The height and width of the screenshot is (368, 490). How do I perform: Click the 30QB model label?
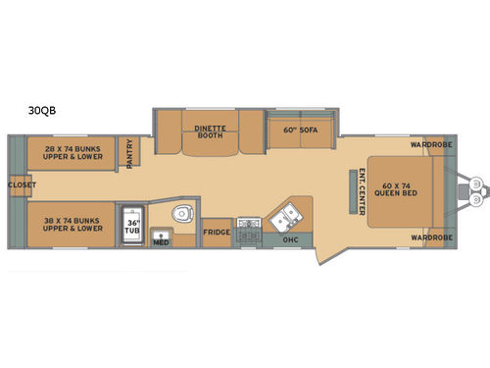pyautogui.click(x=42, y=111)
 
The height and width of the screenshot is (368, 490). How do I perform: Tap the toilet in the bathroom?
pyautogui.click(x=182, y=214)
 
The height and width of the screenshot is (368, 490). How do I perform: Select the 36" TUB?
pyautogui.click(x=132, y=226)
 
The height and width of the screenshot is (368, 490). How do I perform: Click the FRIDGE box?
pyautogui.click(x=217, y=233)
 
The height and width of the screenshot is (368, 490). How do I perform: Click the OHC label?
pyautogui.click(x=290, y=240)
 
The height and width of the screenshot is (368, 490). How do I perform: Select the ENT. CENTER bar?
pyautogui.click(x=353, y=191)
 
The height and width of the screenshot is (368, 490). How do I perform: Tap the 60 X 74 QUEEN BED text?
pyautogui.click(x=396, y=189)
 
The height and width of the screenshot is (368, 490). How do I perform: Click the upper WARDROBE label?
pyautogui.click(x=431, y=144)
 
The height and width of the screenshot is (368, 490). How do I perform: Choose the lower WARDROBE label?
pyautogui.click(x=432, y=237)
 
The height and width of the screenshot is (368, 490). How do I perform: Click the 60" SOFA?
pyautogui.click(x=302, y=130)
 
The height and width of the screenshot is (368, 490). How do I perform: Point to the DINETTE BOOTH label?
pyautogui.click(x=210, y=131)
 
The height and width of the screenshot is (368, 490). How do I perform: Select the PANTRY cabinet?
pyautogui.click(x=129, y=151)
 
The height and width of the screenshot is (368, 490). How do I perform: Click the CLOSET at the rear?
pyautogui.click(x=21, y=185)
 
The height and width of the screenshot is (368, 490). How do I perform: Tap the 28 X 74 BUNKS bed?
pyautogui.click(x=72, y=153)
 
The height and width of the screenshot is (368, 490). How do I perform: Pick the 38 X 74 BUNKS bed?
pyautogui.click(x=72, y=225)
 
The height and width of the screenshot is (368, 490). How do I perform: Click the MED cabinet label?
pyautogui.click(x=161, y=242)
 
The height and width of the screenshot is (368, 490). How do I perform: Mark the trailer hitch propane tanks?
pyautogui.click(x=476, y=189)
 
